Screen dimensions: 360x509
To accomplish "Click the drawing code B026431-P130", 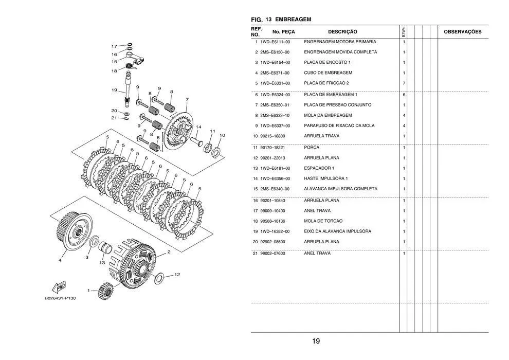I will pyautogui.click(x=60, y=298).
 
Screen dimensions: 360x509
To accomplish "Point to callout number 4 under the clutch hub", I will pyautogui.click(x=60, y=260).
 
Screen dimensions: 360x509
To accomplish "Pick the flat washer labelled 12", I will pyautogui.click(x=160, y=278).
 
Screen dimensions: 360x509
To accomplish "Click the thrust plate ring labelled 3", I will pyautogui.click(x=94, y=242).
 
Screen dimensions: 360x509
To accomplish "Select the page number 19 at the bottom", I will pyautogui.click(x=316, y=341).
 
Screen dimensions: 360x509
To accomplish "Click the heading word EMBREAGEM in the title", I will pyautogui.click(x=294, y=19).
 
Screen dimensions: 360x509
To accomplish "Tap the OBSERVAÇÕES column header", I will pyautogui.click(x=462, y=32).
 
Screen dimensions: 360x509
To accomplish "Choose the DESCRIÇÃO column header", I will pyautogui.click(x=342, y=32).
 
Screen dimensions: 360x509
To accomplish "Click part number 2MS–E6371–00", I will pyautogui.click(x=275, y=73).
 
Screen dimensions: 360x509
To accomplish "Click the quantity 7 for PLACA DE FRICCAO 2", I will pyautogui.click(x=404, y=83).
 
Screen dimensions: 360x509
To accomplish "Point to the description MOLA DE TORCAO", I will pyautogui.click(x=323, y=221).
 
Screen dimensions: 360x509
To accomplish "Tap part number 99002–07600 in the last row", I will pyautogui.click(x=272, y=254).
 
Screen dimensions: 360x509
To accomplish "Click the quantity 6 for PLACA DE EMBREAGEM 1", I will pyautogui.click(x=404, y=95).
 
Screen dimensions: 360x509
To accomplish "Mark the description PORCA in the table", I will pyautogui.click(x=312, y=148).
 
